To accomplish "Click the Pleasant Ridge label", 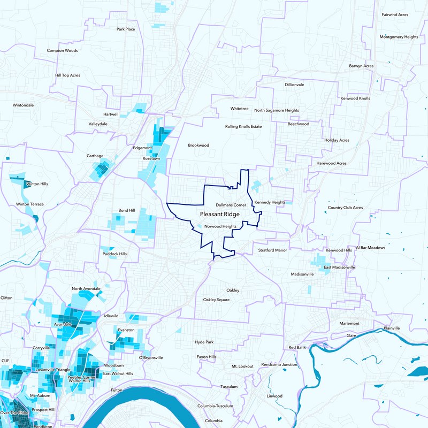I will click(x=220, y=214).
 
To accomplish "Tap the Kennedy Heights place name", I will click(x=270, y=202).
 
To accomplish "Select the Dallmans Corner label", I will click(x=231, y=205).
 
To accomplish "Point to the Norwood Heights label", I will click(x=220, y=226).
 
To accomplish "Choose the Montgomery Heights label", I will click(x=399, y=37).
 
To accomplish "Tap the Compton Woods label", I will click(x=62, y=50).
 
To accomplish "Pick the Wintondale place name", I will click(x=23, y=105).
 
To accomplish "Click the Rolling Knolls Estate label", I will click(x=243, y=126).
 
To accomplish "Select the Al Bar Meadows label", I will click(x=384, y=248).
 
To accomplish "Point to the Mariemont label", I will click(x=350, y=324).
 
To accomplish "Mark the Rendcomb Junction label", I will click(x=279, y=364).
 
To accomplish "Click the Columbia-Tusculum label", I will click(x=215, y=406).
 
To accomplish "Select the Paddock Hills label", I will click(x=114, y=254).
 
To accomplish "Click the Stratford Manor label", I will click(x=272, y=250).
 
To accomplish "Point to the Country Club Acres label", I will click(x=345, y=208).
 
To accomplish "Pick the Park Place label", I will click(x=126, y=29).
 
